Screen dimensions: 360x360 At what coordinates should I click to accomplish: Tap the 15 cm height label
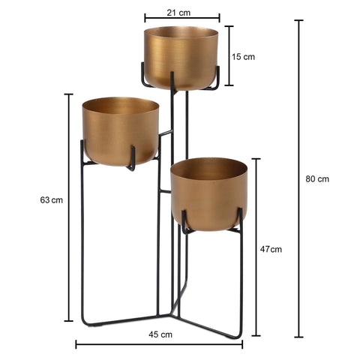click(243, 56)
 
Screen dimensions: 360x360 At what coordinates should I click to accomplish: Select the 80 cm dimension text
click(317, 179)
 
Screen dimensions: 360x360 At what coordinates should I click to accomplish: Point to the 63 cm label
click(51, 200)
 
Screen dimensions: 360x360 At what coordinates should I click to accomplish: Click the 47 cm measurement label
click(271, 249)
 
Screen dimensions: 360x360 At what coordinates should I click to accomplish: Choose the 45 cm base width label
click(160, 334)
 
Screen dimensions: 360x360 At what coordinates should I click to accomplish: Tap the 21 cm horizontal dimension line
click(181, 17)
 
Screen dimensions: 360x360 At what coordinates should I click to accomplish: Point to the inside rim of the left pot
click(120, 106)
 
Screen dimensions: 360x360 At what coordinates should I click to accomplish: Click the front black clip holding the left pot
click(131, 158)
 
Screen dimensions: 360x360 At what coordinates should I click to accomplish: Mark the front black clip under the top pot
click(173, 82)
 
